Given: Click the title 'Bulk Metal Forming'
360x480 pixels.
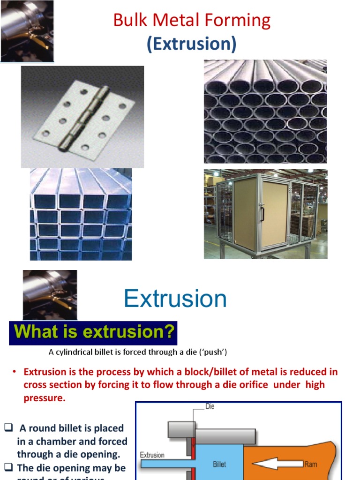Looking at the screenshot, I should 192,21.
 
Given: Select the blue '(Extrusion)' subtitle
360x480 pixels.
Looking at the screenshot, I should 191,44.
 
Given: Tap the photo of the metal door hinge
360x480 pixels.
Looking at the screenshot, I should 82,117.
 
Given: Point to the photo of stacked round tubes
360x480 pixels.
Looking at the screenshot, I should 265,111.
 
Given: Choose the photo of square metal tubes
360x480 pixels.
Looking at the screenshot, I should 81,214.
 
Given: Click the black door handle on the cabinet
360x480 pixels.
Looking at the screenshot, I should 262,213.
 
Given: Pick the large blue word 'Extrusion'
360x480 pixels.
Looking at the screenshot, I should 175,299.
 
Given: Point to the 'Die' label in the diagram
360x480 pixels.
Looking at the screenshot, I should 210,406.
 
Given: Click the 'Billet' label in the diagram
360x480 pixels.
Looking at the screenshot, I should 219,465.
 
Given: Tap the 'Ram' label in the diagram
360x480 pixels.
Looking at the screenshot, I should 311,464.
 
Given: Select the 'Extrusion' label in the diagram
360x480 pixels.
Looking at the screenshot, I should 152,455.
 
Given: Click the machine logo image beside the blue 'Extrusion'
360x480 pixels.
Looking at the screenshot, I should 50,295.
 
